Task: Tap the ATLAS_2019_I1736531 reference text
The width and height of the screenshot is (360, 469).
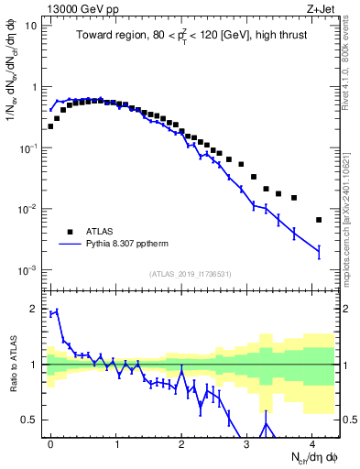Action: pyautogui.click(x=190, y=274)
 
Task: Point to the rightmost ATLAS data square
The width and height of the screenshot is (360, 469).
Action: pyautogui.click(x=318, y=220)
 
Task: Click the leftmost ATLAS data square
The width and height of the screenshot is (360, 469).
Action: pyautogui.click(x=50, y=126)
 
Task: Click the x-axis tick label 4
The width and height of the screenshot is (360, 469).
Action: pyautogui.click(x=312, y=442)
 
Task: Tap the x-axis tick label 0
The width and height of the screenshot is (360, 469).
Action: pyautogui.click(x=50, y=442)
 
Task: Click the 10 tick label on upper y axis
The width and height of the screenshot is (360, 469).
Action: pyautogui.click(x=32, y=26)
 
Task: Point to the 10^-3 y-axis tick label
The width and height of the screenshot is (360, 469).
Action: pyautogui.click(x=28, y=270)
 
